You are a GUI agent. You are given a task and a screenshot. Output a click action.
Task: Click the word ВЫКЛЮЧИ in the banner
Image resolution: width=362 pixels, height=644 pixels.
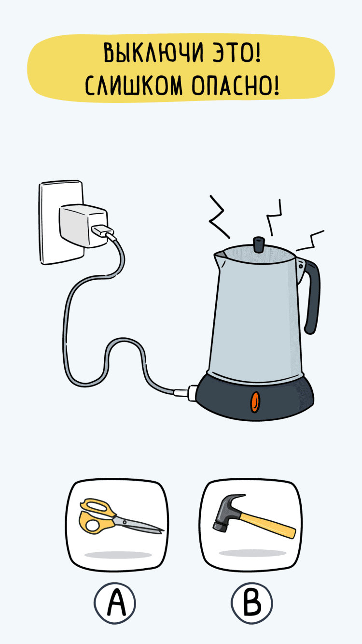153,53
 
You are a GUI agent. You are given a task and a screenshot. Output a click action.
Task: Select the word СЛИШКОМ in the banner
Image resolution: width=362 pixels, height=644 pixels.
134,86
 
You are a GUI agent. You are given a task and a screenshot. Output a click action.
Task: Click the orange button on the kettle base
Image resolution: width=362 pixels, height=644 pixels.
255,402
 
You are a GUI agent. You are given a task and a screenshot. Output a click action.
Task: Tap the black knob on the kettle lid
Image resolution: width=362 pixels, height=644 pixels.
259,244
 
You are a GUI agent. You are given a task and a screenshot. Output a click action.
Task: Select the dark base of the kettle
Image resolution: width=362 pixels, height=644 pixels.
254,397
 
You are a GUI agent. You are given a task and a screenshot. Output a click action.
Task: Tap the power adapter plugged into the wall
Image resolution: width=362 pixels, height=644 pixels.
84,225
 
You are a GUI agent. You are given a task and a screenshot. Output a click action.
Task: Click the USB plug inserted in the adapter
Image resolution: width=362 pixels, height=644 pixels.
102,231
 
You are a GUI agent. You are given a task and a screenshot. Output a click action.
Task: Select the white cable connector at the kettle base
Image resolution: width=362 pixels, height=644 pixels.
186,392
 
